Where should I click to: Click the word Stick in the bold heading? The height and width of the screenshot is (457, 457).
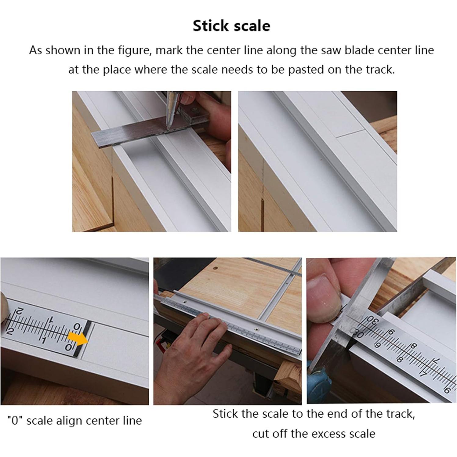(x=210, y=26)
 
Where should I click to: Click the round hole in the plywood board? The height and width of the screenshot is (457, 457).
(x=216, y=268)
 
